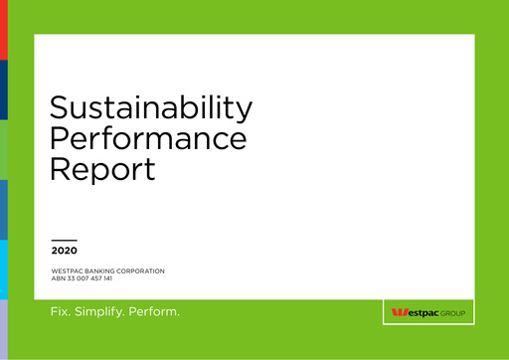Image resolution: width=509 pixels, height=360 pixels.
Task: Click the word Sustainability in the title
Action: coord(151,107)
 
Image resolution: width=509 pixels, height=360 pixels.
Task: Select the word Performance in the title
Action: coord(148,137)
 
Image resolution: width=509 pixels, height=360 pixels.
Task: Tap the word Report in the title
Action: coord(102,167)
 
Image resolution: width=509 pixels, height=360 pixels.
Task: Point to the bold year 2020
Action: coord(64,251)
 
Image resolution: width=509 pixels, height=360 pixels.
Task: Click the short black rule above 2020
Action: coord(64,240)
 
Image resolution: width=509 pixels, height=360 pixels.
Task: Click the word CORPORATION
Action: coord(142,271)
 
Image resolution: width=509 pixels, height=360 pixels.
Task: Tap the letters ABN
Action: coord(59,278)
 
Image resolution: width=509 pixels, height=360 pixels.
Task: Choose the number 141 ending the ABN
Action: coord(119,278)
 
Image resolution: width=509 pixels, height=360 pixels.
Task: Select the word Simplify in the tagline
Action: coord(102,313)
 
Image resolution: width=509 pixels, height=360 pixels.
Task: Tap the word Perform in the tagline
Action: coord(157,312)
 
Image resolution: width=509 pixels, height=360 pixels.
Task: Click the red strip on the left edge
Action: coord(3,30)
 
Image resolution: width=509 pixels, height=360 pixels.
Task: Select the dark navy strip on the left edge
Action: coord(3,90)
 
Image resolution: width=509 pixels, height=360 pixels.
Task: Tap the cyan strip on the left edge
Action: coord(3,269)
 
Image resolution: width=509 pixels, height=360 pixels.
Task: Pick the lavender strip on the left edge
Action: coord(3,328)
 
